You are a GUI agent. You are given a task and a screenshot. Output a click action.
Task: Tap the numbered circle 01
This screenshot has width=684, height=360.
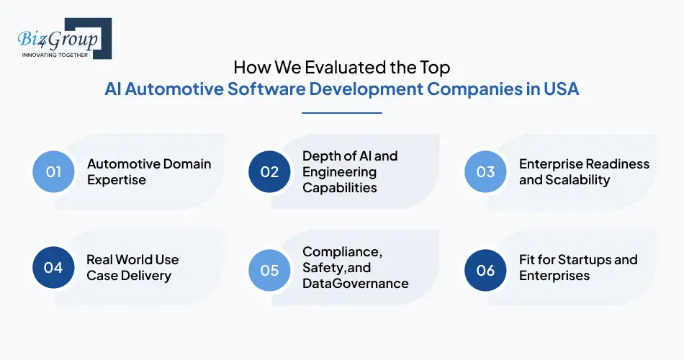[x=54, y=171]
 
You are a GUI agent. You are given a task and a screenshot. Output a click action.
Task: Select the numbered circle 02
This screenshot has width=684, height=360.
[x=269, y=171]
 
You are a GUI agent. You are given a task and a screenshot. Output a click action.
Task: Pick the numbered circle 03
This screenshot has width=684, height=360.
[x=485, y=171]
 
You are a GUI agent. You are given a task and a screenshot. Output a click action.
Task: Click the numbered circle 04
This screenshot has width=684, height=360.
[x=54, y=268]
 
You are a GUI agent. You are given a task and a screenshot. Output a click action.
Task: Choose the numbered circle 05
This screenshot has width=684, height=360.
[x=269, y=269]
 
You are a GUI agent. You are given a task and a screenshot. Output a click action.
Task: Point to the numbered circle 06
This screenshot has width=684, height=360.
[x=485, y=270]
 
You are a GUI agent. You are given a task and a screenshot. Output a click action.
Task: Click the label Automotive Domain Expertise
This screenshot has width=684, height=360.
[x=149, y=171]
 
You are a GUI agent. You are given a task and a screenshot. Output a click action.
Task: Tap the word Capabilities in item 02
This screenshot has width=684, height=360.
[x=340, y=188]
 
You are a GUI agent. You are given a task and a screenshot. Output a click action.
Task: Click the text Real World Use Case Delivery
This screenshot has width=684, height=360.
[x=132, y=267]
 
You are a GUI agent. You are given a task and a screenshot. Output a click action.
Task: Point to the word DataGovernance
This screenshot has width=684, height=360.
[x=356, y=283]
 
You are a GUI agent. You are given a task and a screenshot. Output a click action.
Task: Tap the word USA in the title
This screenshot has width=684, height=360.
[x=559, y=89]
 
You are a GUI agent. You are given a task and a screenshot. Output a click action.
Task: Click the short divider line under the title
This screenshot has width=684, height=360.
[x=341, y=112]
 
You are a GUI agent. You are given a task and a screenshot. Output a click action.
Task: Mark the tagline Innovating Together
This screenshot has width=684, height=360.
[x=55, y=55]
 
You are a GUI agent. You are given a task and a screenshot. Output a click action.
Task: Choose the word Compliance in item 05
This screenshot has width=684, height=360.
[x=340, y=251]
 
